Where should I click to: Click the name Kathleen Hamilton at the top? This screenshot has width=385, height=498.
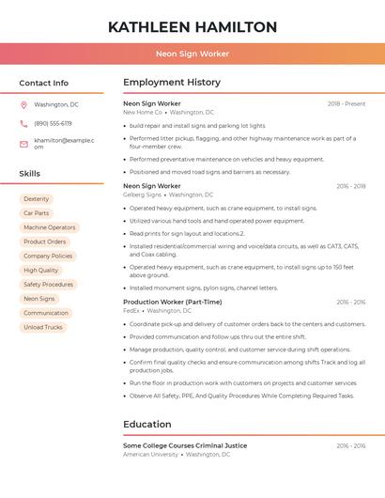point(192,26)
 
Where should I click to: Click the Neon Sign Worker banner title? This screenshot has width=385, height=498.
point(192,54)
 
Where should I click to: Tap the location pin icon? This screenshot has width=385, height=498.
point(23,104)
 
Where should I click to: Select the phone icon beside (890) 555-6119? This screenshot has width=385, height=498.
point(23,123)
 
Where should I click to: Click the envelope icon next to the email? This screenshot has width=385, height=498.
point(23,143)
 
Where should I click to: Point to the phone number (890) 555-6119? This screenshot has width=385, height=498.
point(53,123)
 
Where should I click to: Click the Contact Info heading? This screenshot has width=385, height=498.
point(44,83)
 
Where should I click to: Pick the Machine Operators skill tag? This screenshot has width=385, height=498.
point(49,227)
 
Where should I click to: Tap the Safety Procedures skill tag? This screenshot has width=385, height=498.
point(48,285)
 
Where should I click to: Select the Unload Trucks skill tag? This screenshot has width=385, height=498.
point(42,327)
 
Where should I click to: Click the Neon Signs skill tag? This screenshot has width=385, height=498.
point(38,299)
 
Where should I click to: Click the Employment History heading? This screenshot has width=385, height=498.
point(172,83)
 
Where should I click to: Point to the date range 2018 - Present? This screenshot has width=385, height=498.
point(346,103)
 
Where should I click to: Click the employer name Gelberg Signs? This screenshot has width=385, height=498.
point(142,195)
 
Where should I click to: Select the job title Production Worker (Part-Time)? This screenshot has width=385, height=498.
point(173,303)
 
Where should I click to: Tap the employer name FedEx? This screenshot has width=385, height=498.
point(131,310)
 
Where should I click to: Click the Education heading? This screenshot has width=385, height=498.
point(147,424)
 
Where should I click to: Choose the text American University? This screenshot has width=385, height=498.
point(150,454)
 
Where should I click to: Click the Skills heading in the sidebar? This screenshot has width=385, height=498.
point(30,174)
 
